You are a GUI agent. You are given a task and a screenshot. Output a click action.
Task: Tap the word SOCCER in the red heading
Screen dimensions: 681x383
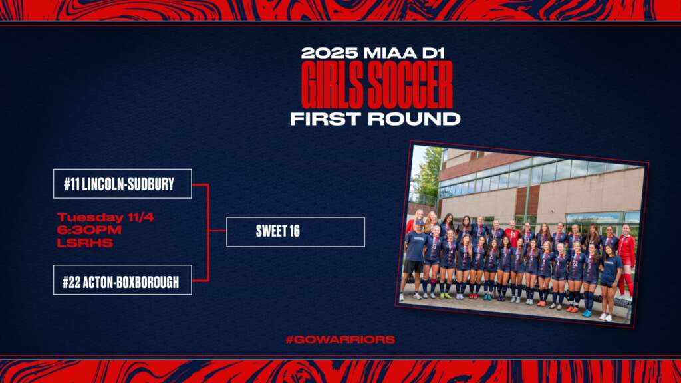(x=409, y=84)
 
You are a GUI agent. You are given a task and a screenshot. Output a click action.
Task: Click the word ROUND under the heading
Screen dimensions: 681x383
(x=416, y=118)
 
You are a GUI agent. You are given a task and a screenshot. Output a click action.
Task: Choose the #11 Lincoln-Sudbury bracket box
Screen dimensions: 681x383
(x=122, y=184)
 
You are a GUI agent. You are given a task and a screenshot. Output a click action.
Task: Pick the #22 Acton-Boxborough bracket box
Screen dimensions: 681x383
(x=122, y=280)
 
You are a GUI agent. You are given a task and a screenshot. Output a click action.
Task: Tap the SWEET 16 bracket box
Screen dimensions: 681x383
(x=295, y=232)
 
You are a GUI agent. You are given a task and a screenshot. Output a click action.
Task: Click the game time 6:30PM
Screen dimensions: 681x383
(x=89, y=230)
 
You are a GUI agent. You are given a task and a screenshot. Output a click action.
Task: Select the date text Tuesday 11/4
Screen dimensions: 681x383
(x=106, y=217)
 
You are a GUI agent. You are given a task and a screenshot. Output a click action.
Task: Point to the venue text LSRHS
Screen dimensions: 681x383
(x=84, y=243)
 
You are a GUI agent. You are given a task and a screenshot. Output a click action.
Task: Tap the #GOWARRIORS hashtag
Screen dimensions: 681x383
(x=340, y=340)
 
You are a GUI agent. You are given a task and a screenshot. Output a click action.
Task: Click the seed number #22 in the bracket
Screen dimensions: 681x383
(x=71, y=282)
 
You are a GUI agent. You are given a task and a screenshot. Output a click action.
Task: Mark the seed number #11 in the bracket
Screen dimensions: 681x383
(x=72, y=184)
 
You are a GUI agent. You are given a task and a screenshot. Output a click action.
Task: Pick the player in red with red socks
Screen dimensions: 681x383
(x=626, y=261)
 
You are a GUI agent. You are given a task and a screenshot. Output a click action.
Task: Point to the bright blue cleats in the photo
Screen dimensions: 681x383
(x=587, y=313)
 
